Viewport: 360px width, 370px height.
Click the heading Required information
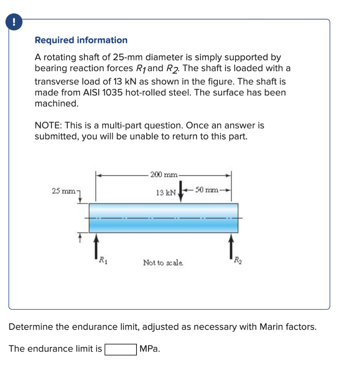pyautogui.click(x=81, y=40)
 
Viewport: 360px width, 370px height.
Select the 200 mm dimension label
pyautogui.click(x=164, y=175)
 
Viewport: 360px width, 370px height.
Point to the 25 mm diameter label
pyautogui.click(x=62, y=190)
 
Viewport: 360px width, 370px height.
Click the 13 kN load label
pyautogui.click(x=166, y=193)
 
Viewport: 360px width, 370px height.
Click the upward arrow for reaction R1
pyautogui.click(x=96, y=246)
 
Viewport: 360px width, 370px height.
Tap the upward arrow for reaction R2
pyautogui.click(x=231, y=246)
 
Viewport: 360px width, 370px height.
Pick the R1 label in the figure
pyautogui.click(x=103, y=259)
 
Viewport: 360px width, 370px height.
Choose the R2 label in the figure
pyautogui.click(x=238, y=259)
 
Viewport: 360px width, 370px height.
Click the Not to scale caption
pyautogui.click(x=163, y=262)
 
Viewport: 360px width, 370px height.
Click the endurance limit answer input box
pyautogui.click(x=121, y=349)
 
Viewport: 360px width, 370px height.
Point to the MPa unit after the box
pyautogui.click(x=150, y=349)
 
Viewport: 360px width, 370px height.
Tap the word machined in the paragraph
pyautogui.click(x=56, y=103)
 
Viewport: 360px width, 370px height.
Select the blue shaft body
pyautogui.click(x=163, y=218)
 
